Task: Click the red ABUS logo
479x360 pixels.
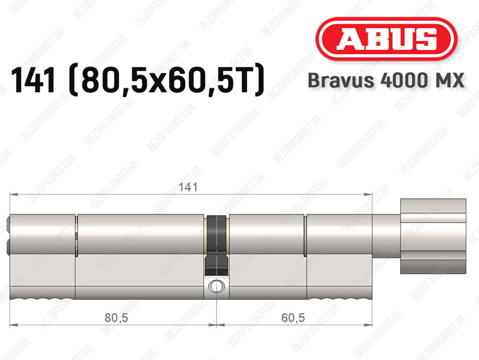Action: pyautogui.click(x=386, y=39)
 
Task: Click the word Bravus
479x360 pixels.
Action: pyautogui.click(x=341, y=81)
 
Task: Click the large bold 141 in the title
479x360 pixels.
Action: pyautogui.click(x=33, y=80)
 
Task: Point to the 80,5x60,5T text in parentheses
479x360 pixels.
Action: pyautogui.click(x=167, y=80)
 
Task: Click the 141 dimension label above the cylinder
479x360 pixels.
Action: pyautogui.click(x=188, y=187)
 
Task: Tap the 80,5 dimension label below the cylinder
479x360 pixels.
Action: pyautogui.click(x=116, y=318)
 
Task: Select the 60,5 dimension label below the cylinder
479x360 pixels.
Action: pyautogui.click(x=293, y=318)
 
